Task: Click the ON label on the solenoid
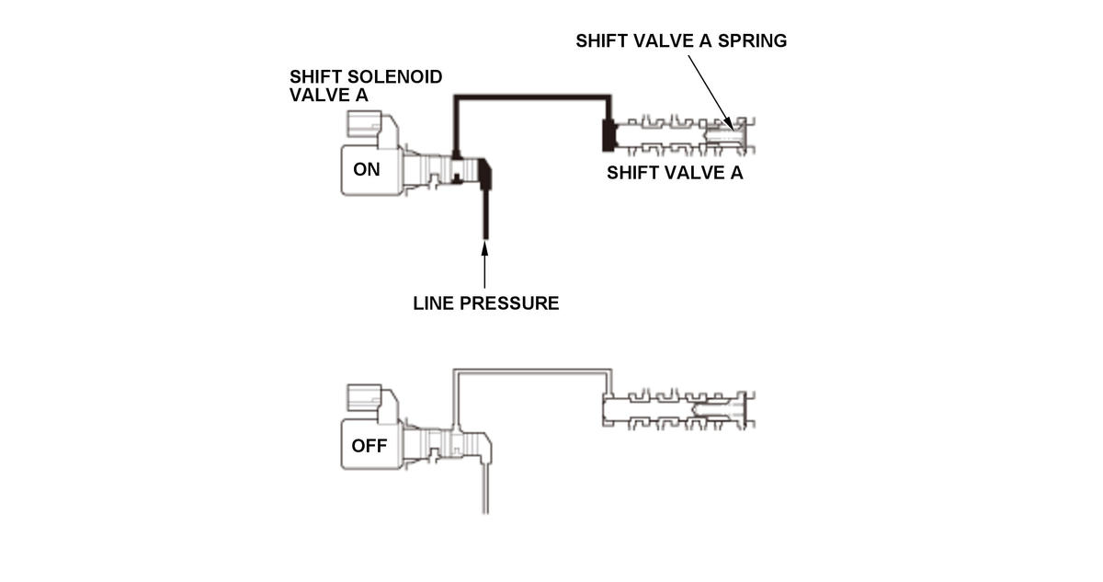click(x=366, y=170)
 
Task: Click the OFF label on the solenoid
click(x=369, y=447)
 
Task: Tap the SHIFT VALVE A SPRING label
click(x=681, y=41)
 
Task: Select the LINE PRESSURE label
click(x=485, y=303)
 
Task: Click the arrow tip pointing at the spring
click(x=730, y=124)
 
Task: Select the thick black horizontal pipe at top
click(x=533, y=95)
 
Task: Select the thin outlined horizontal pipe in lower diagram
click(x=533, y=371)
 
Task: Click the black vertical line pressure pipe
click(x=484, y=211)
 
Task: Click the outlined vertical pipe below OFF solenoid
click(x=484, y=487)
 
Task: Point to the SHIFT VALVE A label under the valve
click(x=675, y=174)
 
